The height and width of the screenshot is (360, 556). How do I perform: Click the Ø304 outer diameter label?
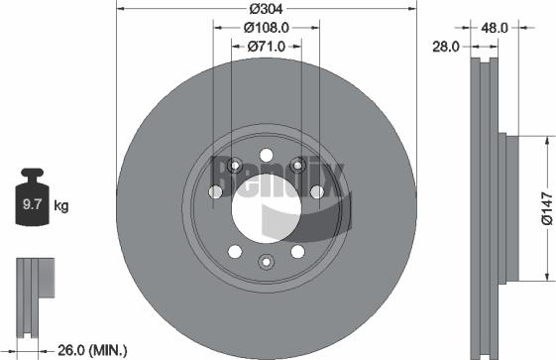(266, 8)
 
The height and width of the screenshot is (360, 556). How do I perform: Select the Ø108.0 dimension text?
(266, 28)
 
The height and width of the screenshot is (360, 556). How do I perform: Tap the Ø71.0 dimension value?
(266, 46)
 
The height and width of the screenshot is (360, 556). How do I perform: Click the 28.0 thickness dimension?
(445, 46)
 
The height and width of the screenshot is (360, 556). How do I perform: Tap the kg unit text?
(60, 206)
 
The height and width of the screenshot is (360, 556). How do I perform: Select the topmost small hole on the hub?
(266, 154)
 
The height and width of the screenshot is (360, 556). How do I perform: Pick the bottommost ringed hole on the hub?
(266, 261)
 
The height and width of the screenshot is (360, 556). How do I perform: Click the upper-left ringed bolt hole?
(234, 165)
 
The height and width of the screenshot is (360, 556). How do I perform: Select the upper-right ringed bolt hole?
(297, 165)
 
